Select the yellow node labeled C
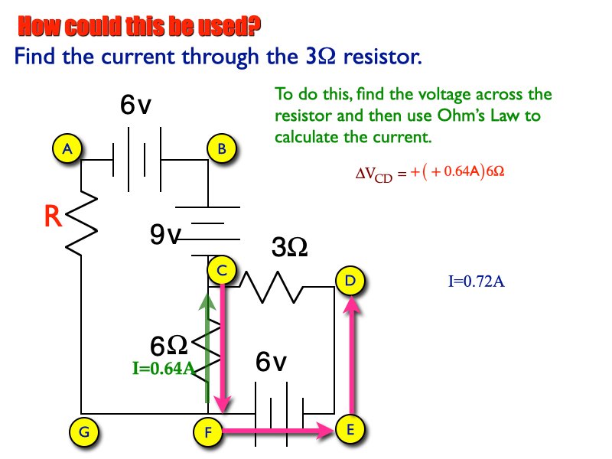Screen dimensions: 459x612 click(222, 270)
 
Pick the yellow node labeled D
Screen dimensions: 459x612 click(350, 281)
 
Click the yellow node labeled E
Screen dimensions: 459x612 click(350, 430)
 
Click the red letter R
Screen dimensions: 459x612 click(53, 217)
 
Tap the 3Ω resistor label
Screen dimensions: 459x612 click(290, 247)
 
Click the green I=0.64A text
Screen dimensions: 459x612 click(163, 369)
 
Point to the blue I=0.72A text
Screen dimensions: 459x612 click(476, 281)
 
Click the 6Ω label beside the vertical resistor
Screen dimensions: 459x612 click(169, 346)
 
